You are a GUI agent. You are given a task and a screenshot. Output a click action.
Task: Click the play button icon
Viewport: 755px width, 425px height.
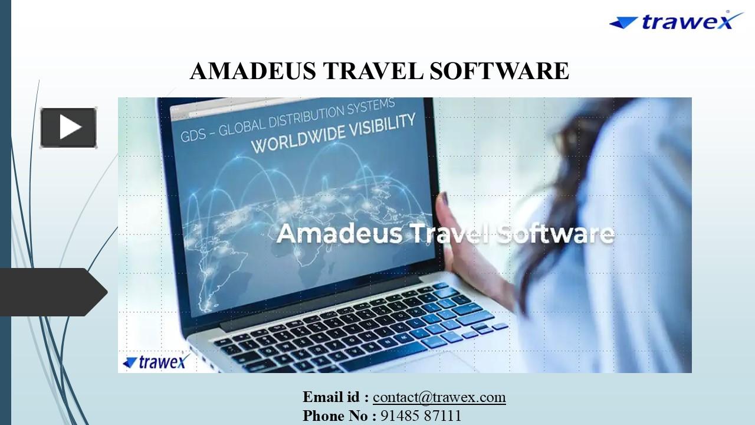point(68,127)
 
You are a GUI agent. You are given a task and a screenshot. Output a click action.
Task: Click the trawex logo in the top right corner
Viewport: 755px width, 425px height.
point(676,21)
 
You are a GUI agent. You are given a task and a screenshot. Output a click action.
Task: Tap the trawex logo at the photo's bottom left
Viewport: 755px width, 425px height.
point(154,361)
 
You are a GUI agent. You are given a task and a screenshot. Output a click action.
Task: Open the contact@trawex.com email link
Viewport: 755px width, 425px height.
point(439,397)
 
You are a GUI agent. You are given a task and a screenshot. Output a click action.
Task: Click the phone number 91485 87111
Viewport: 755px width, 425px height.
point(421,416)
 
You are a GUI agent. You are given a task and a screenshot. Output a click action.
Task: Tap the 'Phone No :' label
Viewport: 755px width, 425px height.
point(339,416)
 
